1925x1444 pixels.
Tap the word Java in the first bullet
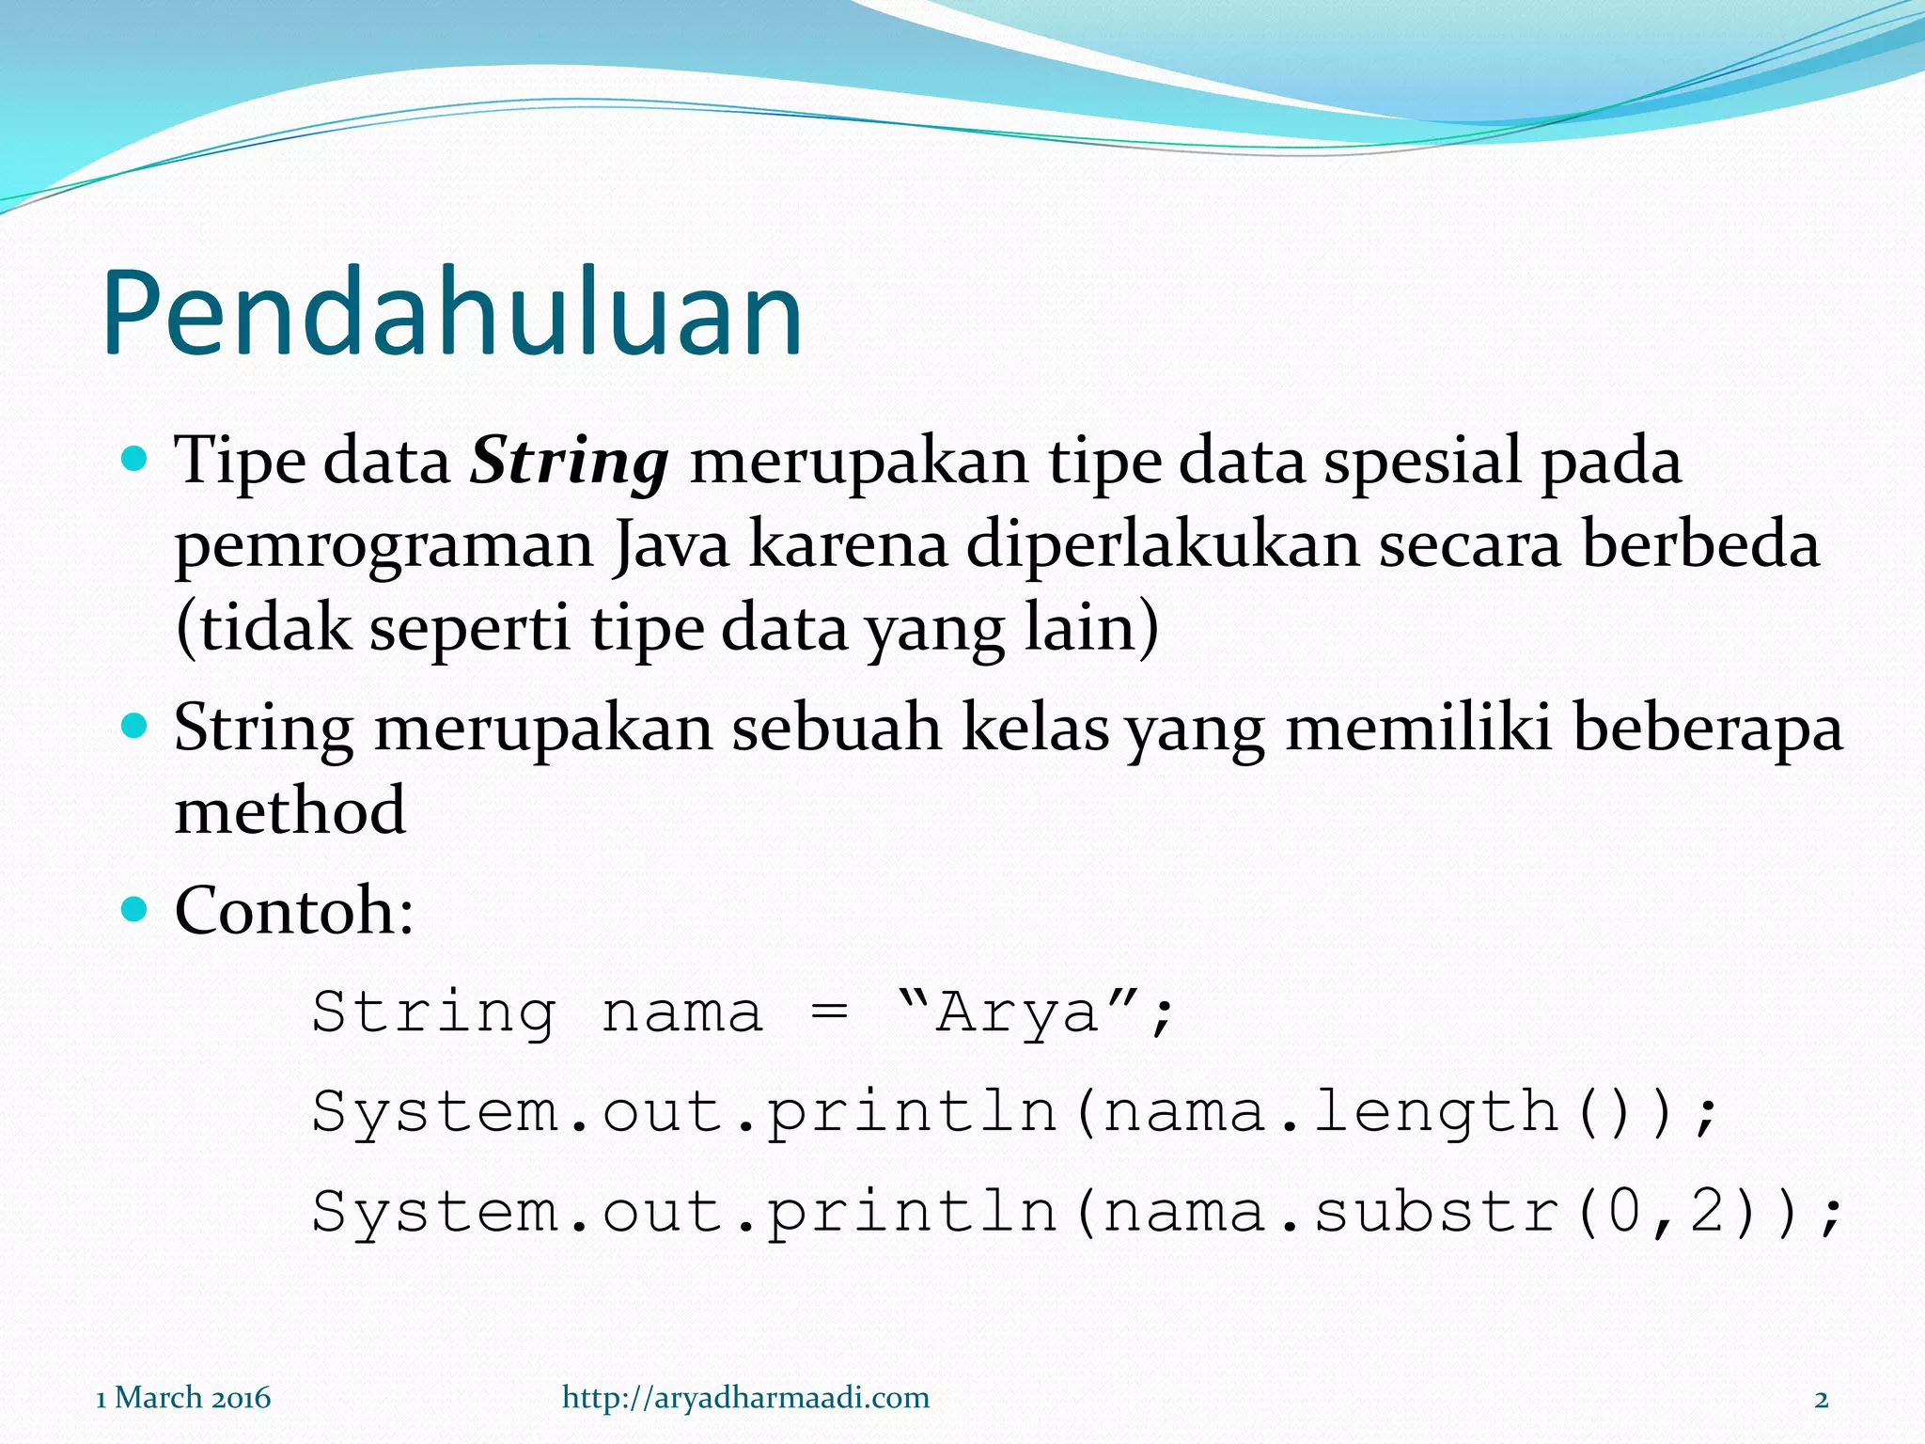click(x=671, y=545)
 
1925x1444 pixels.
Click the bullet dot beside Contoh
click(x=136, y=909)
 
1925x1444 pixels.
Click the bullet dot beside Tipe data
click(x=136, y=460)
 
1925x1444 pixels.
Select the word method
click(x=290, y=810)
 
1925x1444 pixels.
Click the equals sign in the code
click(x=829, y=1012)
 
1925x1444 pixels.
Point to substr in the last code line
click(x=1435, y=1212)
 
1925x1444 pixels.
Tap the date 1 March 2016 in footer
click(x=183, y=1398)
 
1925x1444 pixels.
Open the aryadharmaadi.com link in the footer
click(x=745, y=1398)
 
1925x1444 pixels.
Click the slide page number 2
click(x=1821, y=1400)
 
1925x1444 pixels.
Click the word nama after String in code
click(x=682, y=1013)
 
